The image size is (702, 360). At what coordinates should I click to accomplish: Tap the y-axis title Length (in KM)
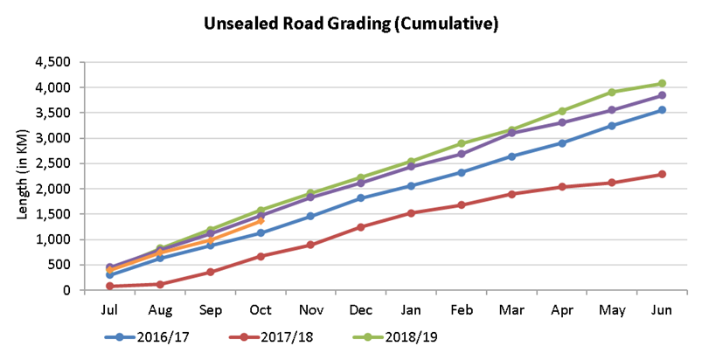pos(23,175)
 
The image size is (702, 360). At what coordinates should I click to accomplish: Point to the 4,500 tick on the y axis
pos(52,62)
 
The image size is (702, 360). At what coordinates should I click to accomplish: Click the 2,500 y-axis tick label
pos(52,163)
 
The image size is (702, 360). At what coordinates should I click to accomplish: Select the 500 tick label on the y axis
pos(60,265)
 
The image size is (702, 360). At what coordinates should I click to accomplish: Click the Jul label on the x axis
pos(109,310)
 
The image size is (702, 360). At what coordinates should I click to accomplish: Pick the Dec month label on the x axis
pos(361,310)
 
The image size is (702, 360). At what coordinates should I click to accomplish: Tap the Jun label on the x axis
pos(662,310)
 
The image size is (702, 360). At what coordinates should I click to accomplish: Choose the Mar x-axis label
pos(511,310)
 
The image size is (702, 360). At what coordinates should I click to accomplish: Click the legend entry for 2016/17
pos(147,336)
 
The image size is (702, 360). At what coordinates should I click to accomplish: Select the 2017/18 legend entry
pos(271,336)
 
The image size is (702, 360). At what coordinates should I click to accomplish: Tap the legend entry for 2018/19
pos(395,336)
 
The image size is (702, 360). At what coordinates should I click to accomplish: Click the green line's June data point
pos(662,84)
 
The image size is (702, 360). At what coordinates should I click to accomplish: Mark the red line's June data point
pos(662,174)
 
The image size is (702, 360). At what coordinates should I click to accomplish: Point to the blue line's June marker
pos(662,110)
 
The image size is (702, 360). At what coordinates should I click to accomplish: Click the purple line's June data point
pos(662,95)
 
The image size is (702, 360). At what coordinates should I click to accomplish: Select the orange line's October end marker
pos(261,220)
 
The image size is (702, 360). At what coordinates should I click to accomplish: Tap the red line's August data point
pos(160,284)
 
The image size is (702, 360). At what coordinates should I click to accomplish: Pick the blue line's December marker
pos(361,198)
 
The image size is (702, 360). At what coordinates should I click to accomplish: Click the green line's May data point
pos(612,92)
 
